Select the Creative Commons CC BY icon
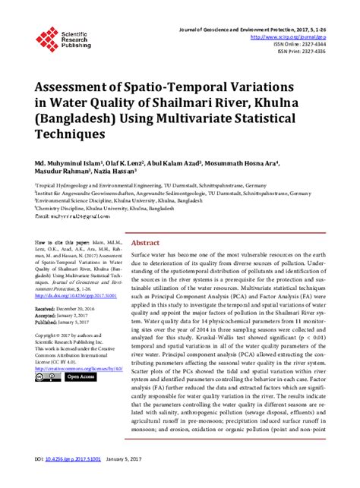(x=46, y=396)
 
